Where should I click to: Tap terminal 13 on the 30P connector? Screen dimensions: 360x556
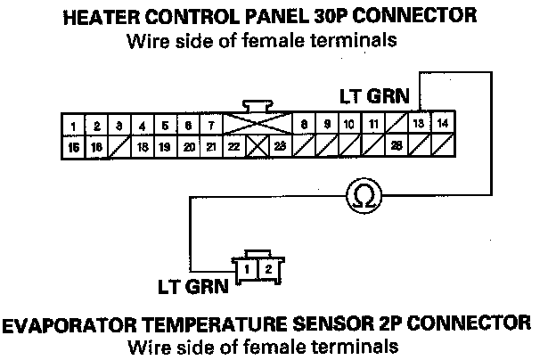tap(419, 124)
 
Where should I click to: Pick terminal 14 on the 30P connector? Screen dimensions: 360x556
tap(443, 124)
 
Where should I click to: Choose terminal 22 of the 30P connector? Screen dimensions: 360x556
tap(233, 146)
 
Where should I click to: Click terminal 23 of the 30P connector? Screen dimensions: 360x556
tap(280, 146)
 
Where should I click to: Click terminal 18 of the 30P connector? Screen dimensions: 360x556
tap(142, 146)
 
